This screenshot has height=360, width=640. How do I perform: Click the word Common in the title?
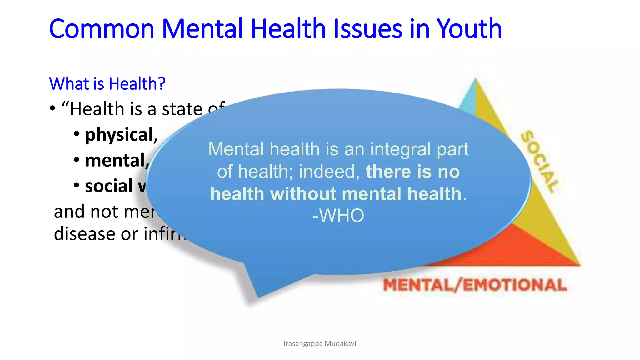(102, 29)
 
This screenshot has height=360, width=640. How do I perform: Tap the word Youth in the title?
(469, 29)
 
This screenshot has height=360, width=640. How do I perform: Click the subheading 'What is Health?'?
(107, 84)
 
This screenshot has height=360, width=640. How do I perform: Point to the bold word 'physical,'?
(121, 135)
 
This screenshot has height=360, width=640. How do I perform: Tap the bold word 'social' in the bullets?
(109, 186)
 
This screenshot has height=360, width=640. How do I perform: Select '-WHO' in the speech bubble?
(338, 215)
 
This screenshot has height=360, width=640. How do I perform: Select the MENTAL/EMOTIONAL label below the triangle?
(475, 285)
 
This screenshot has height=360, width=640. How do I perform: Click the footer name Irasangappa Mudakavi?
(320, 344)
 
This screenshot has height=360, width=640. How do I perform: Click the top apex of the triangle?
(475, 79)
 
